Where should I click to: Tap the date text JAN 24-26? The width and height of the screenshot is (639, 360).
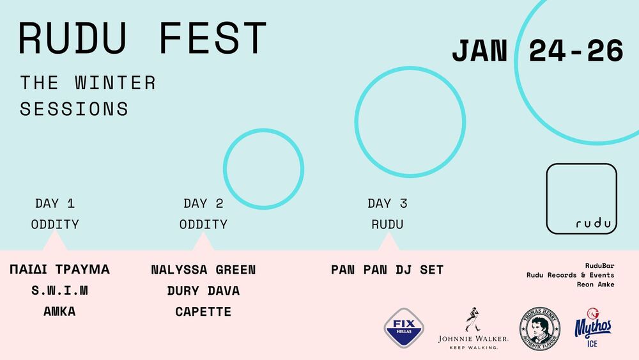point(537,51)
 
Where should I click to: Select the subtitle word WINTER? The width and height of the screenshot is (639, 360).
point(115,82)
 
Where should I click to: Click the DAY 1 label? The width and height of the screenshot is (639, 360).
point(55,203)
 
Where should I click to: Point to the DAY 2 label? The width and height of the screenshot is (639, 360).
point(203,203)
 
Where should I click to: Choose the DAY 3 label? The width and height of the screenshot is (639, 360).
point(387,203)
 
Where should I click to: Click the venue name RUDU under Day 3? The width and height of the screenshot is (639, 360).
point(387,224)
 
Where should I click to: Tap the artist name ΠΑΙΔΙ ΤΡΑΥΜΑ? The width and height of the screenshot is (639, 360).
point(59,269)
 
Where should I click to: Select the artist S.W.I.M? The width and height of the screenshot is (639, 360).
point(59,290)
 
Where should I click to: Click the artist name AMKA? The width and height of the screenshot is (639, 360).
point(59,311)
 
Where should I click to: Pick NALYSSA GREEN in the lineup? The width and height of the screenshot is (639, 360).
point(203,269)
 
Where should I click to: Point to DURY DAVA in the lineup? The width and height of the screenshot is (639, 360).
point(203,291)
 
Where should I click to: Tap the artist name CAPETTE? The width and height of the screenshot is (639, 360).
point(203,312)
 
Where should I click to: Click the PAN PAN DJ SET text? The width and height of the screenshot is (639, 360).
point(387,269)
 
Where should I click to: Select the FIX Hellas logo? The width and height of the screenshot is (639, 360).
point(404,328)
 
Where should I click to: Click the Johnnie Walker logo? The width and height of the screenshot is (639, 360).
point(473,329)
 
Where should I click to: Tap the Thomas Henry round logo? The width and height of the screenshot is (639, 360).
point(540,329)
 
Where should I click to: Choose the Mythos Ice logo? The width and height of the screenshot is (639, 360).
point(593,328)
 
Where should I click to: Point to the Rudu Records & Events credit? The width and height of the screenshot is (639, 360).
point(570,275)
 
